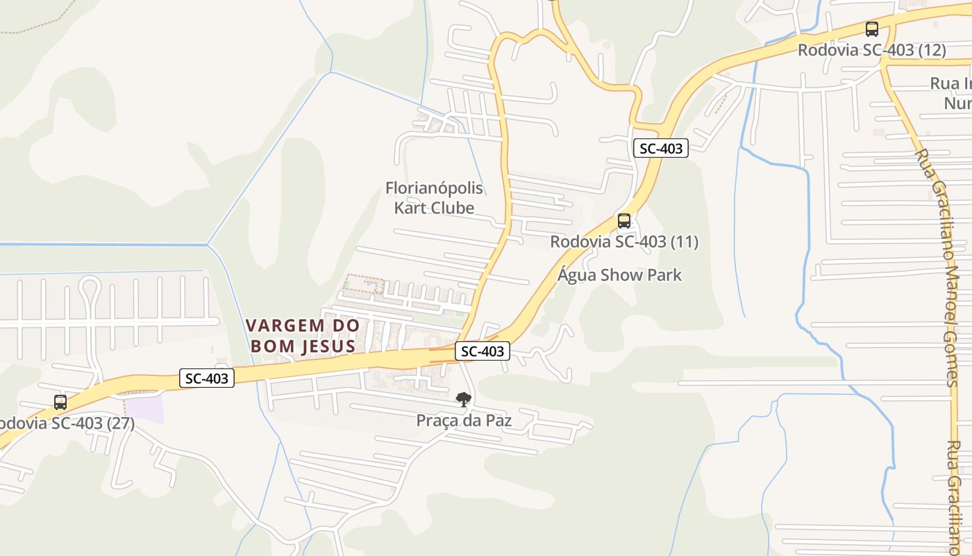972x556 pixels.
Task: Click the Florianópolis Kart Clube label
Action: [x=434, y=198]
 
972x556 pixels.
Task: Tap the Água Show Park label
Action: [x=620, y=275]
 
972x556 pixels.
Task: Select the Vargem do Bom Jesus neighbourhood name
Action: [x=303, y=336]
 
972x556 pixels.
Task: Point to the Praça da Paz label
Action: [x=464, y=420]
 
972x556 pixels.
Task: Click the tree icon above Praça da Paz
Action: [x=463, y=400]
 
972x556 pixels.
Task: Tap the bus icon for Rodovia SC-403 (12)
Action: [x=872, y=29]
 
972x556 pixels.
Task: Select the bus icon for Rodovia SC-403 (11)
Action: [x=624, y=221]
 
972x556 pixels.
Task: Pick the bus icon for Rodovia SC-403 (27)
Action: [x=60, y=402]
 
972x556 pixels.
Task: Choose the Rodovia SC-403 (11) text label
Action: [x=624, y=242]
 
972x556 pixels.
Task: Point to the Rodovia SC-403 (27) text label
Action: [x=66, y=423]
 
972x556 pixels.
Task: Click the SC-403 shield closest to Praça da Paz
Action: [x=483, y=351]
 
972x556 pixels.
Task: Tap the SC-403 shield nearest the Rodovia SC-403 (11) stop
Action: [x=660, y=148]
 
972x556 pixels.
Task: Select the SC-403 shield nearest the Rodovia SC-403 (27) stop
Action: [x=207, y=378]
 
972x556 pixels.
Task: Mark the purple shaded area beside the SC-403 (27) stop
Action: [x=145, y=408]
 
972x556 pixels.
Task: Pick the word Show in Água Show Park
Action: [x=620, y=275]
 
